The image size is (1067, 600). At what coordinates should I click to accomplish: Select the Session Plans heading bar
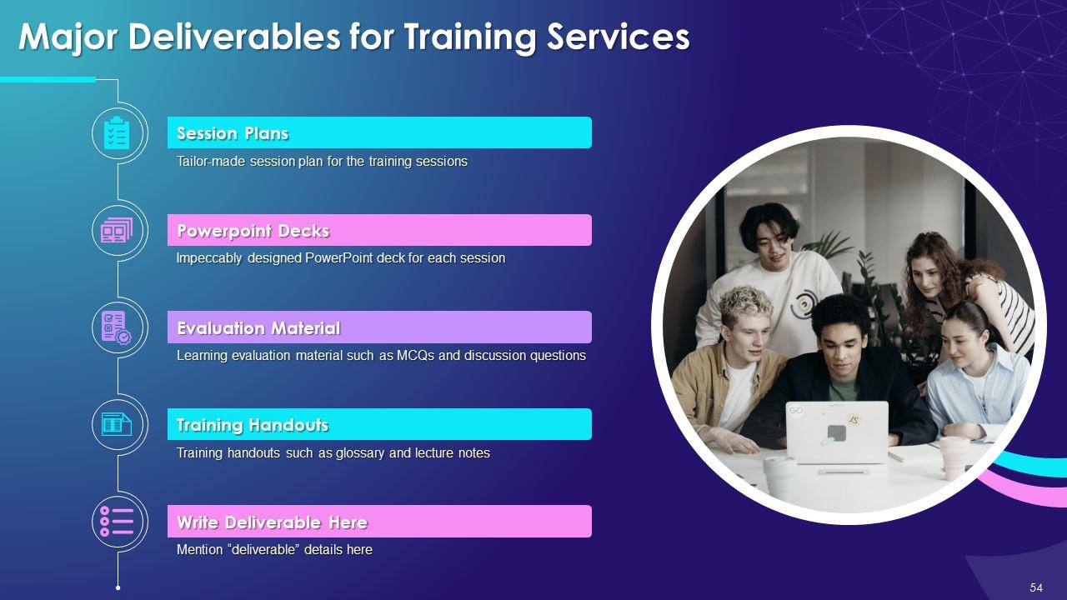379,132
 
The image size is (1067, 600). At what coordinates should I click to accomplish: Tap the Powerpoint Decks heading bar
379,230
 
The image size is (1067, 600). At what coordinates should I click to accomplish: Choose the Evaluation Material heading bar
379,327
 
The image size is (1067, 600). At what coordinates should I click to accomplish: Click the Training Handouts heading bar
379,424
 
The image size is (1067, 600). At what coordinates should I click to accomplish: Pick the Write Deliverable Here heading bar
379,522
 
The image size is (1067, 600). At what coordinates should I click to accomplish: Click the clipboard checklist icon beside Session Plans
118,133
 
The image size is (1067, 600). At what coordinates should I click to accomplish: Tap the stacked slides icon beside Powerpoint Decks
118,230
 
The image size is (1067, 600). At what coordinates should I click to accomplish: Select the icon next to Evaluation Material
118,327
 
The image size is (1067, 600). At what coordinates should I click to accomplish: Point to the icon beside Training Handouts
118,424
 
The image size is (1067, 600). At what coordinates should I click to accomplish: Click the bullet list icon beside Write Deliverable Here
118,522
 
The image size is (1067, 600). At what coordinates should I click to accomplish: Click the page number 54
1036,587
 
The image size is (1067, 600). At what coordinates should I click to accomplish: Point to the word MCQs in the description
412,356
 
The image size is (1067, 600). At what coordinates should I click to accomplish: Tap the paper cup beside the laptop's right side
954,457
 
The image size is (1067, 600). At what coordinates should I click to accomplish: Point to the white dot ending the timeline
118,587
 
